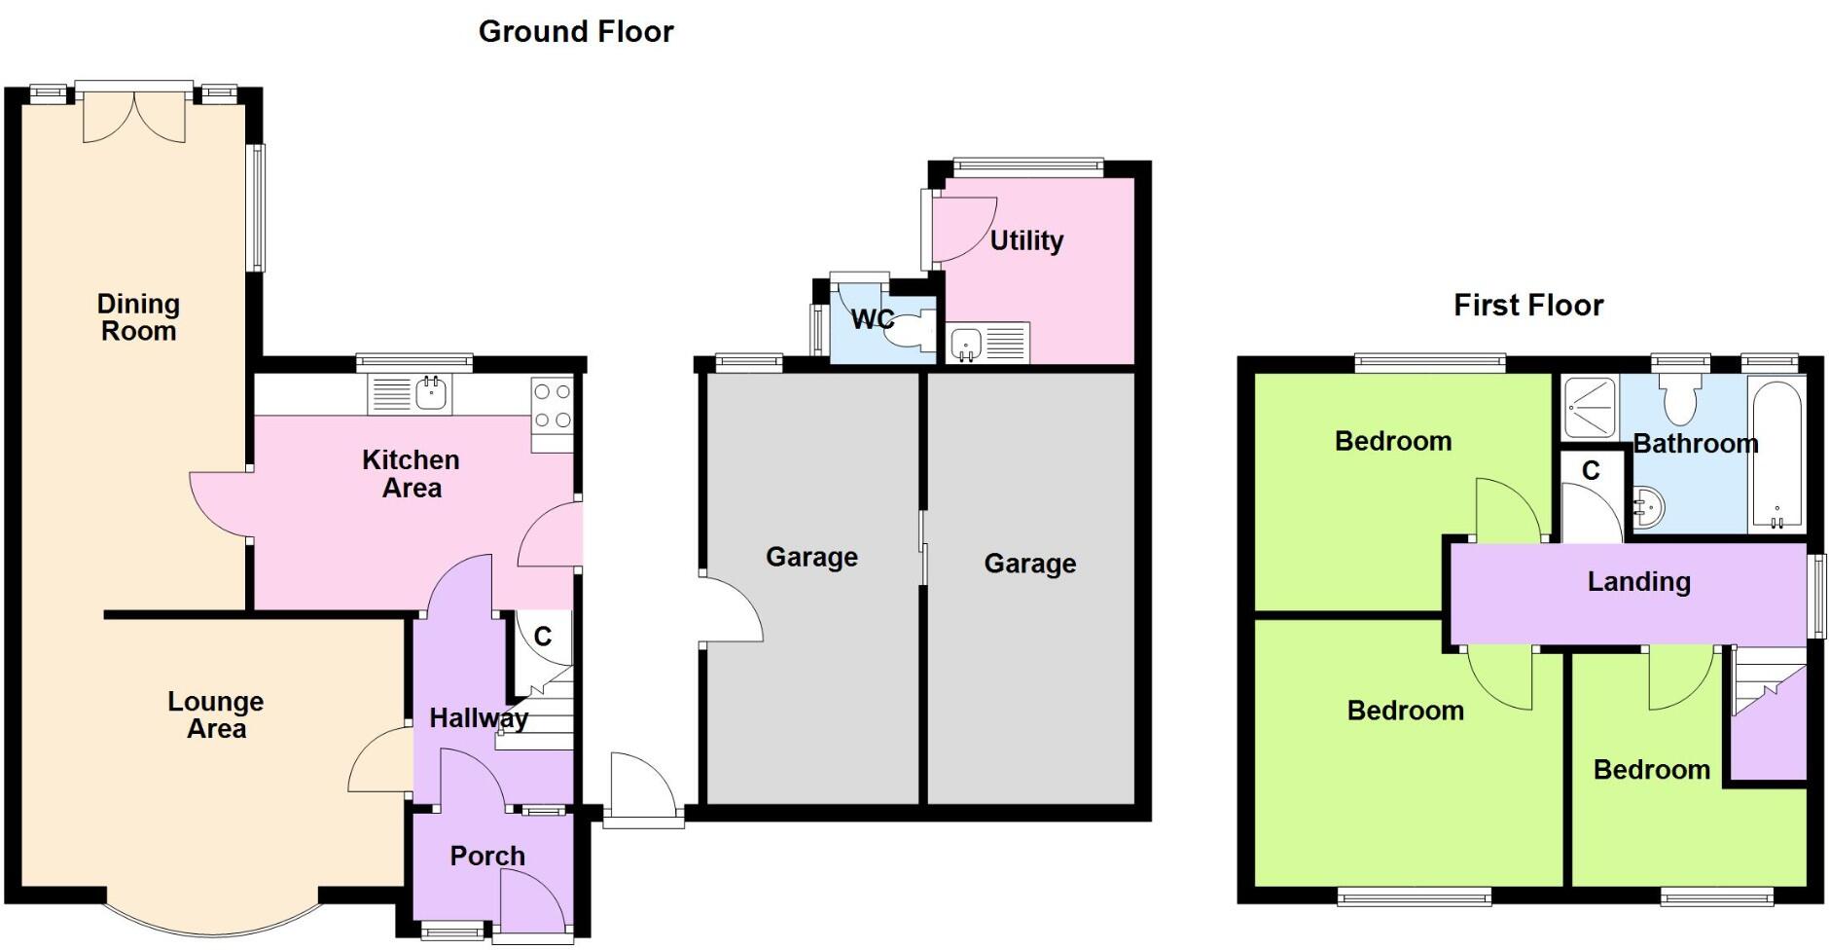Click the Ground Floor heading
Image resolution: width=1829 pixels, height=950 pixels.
click(576, 32)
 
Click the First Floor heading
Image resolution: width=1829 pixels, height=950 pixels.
click(1528, 306)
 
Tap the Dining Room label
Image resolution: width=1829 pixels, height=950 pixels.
click(138, 317)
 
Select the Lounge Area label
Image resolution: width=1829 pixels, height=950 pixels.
click(216, 715)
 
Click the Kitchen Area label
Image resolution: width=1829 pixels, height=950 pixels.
click(411, 474)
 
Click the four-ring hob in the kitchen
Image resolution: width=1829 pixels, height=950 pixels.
click(552, 406)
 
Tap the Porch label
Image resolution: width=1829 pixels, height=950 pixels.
click(487, 857)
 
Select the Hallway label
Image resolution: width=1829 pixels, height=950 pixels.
click(479, 718)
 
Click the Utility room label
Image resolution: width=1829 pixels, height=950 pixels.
click(1026, 240)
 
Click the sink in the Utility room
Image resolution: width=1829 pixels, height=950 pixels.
click(966, 343)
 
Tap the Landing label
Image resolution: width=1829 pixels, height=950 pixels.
click(1638, 582)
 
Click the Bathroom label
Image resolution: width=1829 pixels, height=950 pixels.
click(1695, 444)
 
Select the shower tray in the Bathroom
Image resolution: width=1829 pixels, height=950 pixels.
click(1589, 406)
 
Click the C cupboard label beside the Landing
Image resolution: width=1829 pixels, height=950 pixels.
click(1591, 471)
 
